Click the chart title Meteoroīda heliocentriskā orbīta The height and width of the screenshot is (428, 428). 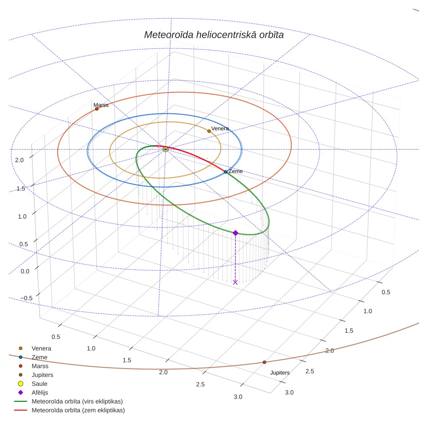[214, 35]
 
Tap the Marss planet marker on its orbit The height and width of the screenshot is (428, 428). [97, 109]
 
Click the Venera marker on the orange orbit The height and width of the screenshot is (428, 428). [209, 131]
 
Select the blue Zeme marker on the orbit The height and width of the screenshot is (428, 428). [226, 172]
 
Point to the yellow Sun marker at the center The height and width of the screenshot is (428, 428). [166, 149]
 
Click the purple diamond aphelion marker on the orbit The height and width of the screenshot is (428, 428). [236, 233]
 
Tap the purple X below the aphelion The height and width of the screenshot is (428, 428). [235, 282]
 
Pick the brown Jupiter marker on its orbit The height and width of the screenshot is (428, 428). [264, 362]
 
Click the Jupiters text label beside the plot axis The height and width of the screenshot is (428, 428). [280, 373]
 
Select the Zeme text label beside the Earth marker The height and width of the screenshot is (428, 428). [236, 171]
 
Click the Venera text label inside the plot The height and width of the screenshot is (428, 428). [220, 128]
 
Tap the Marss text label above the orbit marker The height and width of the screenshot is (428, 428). [101, 105]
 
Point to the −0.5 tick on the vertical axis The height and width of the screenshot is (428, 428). [27, 298]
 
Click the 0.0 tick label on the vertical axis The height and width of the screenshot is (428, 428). [25, 271]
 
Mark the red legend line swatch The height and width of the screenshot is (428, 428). [20, 410]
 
